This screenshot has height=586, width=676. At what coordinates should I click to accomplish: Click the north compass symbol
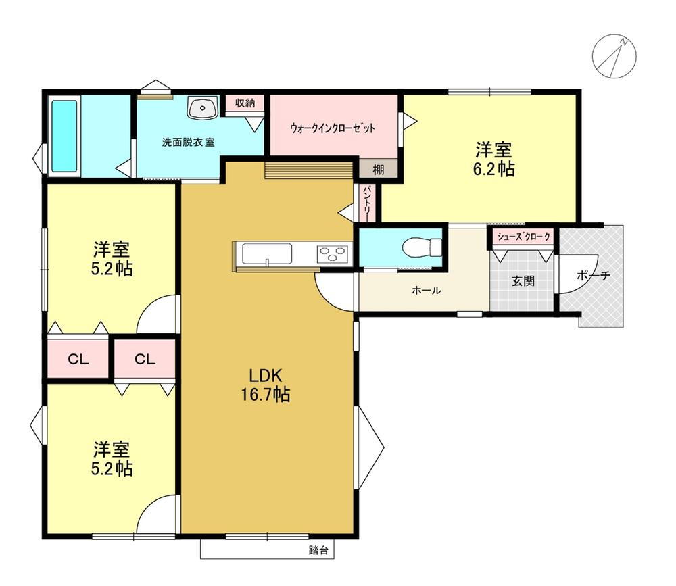coord(614,56)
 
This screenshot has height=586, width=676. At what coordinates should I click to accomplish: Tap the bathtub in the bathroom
coord(65,137)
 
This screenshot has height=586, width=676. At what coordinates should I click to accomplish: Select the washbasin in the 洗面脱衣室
coord(202,107)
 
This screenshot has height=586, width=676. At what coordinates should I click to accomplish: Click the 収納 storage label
coord(245,103)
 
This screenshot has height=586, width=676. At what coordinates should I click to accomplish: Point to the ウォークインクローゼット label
coord(333,128)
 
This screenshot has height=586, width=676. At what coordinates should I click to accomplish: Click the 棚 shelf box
coord(378,168)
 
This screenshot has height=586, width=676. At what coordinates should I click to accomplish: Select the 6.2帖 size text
coord(493,170)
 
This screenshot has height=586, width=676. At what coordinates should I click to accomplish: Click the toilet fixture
coord(422,247)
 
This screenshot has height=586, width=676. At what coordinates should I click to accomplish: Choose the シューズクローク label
coord(524,237)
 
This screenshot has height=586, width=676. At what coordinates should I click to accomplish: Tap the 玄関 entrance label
coord(523,282)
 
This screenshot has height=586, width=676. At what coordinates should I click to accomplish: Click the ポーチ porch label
coord(594,275)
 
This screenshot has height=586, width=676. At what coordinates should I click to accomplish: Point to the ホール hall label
coord(427,290)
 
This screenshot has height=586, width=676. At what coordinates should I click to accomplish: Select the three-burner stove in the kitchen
coord(333,253)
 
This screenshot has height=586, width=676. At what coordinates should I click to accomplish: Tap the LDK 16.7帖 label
coord(266,385)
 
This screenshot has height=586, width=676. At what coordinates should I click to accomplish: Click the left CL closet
coord(78,359)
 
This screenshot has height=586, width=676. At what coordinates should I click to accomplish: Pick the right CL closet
coord(145,359)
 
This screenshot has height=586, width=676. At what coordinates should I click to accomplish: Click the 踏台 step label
coord(318,550)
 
